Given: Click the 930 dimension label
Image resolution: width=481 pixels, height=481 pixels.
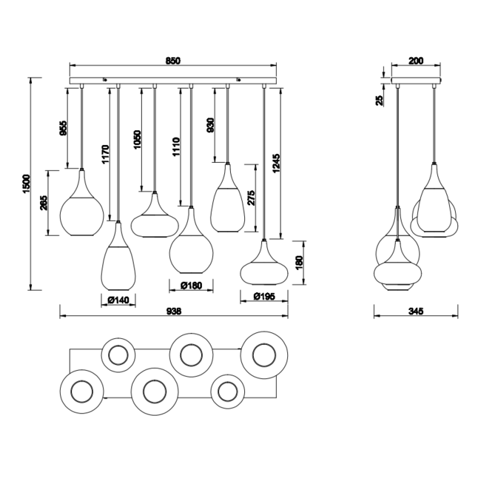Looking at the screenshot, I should (x=212, y=126).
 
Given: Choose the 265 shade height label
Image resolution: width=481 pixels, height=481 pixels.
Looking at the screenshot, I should (x=44, y=203).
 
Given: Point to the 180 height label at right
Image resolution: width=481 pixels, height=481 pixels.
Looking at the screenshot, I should (x=299, y=263).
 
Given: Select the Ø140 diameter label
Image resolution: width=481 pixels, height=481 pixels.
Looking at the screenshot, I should (x=118, y=299).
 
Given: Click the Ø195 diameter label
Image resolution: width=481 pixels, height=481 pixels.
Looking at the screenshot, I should (x=264, y=297).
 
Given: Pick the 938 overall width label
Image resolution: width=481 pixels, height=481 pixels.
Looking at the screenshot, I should (x=175, y=312).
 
